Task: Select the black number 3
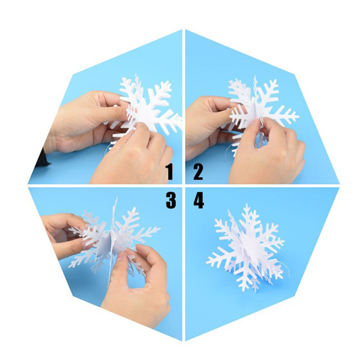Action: point(171,200)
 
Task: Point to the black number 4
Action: point(199,200)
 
